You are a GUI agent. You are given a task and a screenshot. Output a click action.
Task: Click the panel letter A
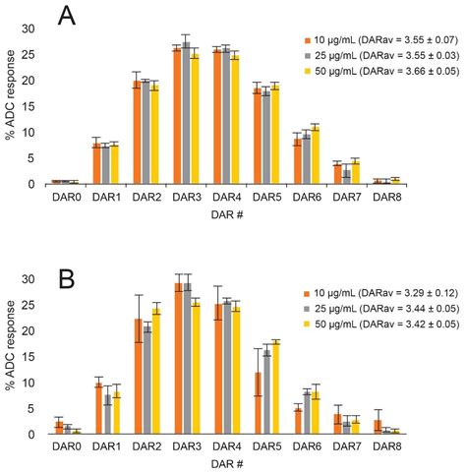[67, 17]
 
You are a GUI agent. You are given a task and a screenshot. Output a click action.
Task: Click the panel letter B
[67, 267]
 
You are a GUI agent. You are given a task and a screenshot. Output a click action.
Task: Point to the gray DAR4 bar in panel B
[227, 368]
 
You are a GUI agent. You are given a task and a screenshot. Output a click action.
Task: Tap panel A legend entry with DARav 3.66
[375, 72]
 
